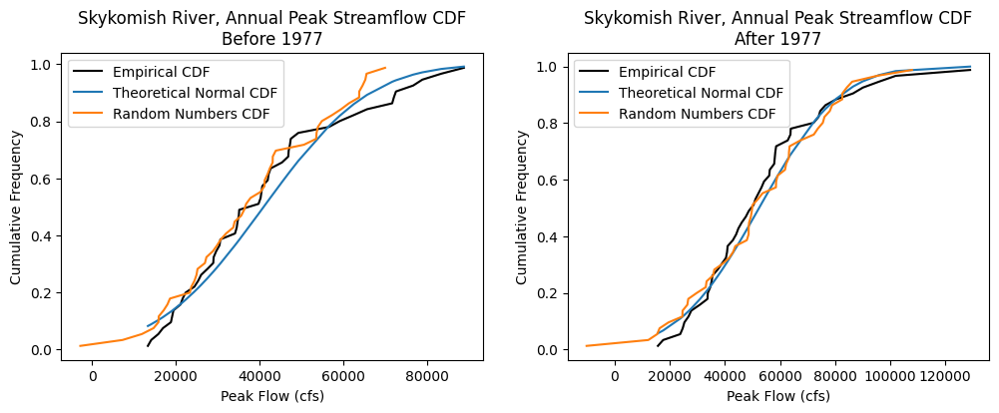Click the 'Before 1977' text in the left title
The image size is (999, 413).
[x=272, y=39]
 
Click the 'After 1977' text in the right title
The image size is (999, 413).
[x=777, y=39]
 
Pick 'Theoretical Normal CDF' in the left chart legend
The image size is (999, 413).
[x=195, y=93]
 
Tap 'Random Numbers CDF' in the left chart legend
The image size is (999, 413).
[x=186, y=113]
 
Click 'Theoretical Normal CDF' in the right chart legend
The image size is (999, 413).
[x=701, y=93]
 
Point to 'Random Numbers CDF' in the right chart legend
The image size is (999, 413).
[x=692, y=113]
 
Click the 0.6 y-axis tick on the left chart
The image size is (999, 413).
[x=43, y=180]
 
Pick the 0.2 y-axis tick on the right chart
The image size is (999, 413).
[x=549, y=293]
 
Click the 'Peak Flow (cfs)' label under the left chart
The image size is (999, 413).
[x=272, y=396]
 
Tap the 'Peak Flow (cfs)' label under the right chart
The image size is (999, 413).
[x=777, y=396]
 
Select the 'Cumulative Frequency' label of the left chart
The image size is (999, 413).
[x=16, y=207]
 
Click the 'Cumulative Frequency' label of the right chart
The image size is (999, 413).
[x=522, y=207]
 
